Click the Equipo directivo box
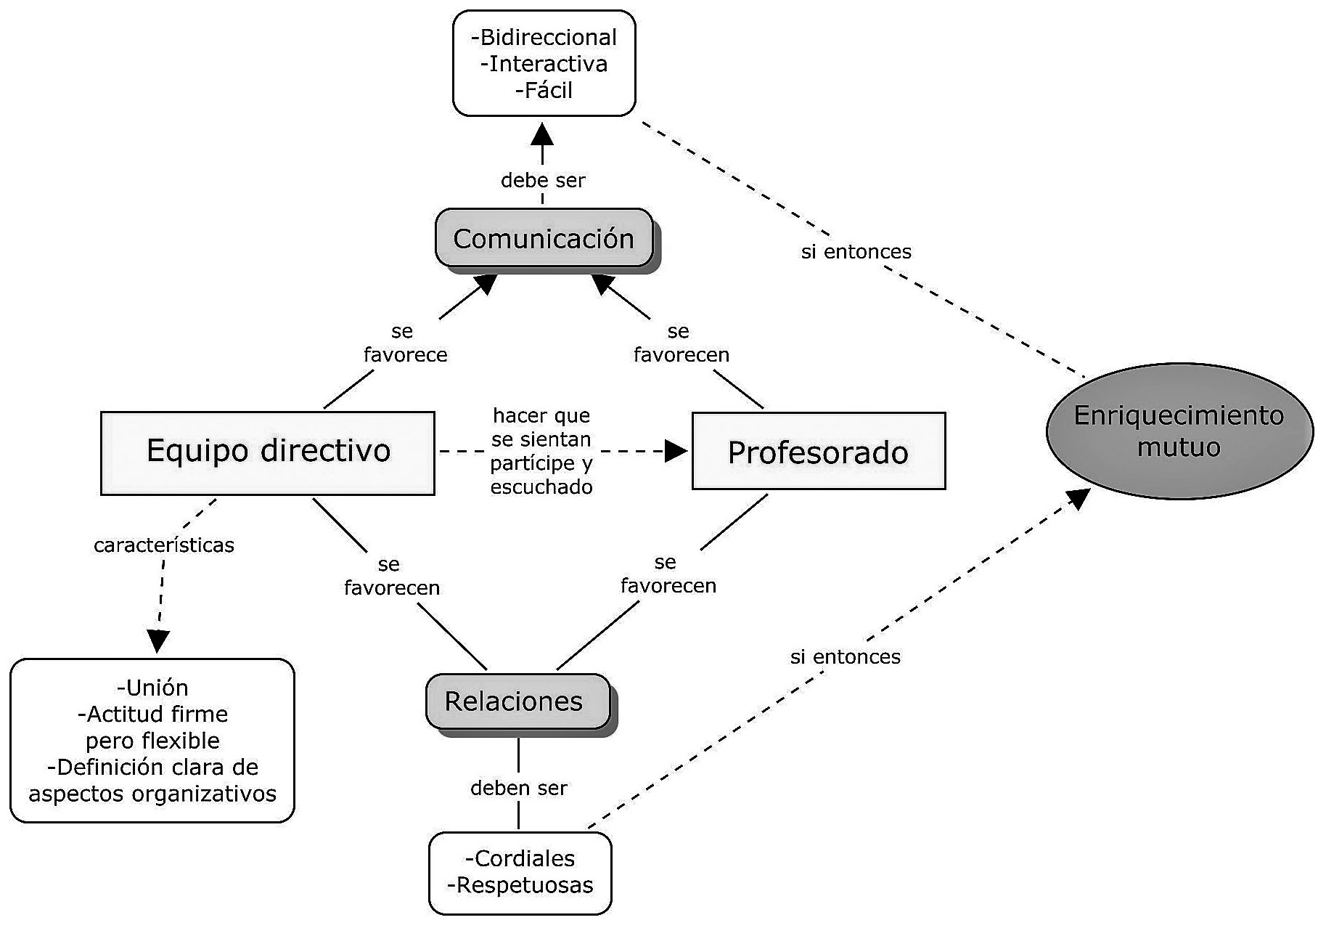[268, 452]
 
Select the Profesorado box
[818, 452]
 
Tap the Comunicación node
[544, 238]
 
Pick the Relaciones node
[514, 701]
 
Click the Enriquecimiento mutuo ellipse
[1179, 431]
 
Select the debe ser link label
[543, 180]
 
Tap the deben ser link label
[518, 788]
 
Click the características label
[164, 545]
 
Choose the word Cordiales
[524, 858]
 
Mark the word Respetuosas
[525, 885]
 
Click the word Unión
[156, 688]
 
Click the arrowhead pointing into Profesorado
[676, 451]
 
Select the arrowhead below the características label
[157, 640]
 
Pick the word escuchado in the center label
[541, 487]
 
